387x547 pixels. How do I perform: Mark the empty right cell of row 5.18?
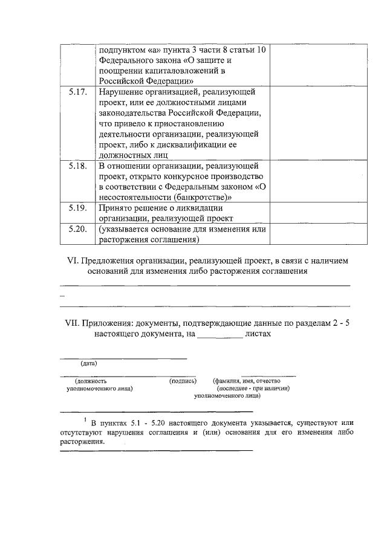(x=317, y=181)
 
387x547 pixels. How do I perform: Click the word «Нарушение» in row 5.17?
(x=120, y=92)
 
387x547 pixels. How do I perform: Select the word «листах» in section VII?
(x=258, y=333)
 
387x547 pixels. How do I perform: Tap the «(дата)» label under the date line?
(x=89, y=363)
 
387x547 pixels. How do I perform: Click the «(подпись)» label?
(x=183, y=381)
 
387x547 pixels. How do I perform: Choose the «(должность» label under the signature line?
(x=91, y=381)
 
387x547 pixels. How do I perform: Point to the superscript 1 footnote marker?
(x=85, y=418)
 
